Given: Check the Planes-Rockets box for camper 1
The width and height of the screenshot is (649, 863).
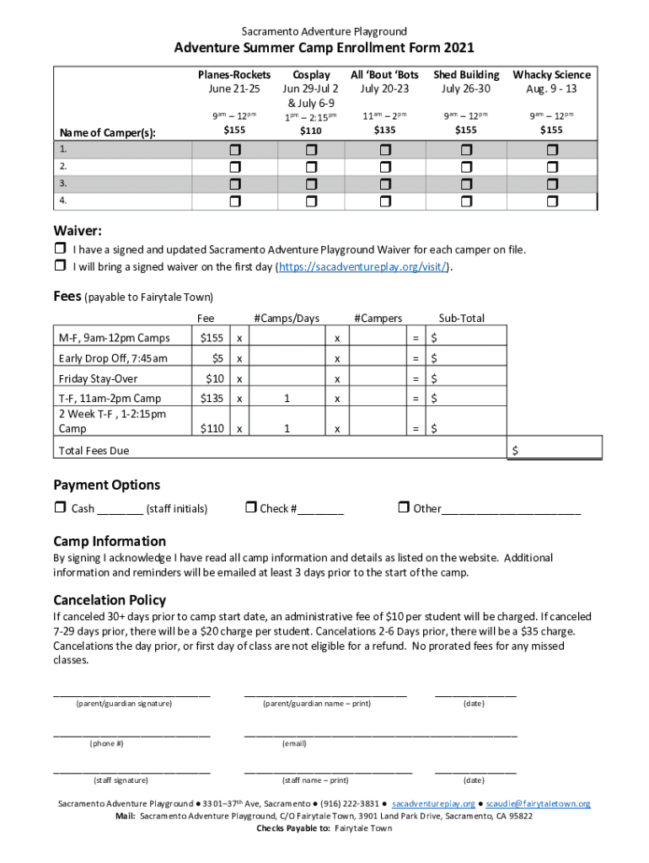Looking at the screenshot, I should click(x=234, y=149).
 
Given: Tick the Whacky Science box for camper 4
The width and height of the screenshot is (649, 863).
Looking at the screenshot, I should click(x=552, y=201).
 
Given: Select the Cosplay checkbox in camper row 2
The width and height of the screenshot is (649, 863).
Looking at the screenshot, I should click(x=311, y=167).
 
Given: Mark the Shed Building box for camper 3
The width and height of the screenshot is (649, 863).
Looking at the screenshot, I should click(x=466, y=184).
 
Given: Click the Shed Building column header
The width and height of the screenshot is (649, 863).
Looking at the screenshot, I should click(x=466, y=75).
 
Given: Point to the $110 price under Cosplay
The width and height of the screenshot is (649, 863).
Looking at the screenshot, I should click(x=311, y=131).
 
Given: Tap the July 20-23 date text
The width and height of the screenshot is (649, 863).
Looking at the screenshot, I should click(x=384, y=88).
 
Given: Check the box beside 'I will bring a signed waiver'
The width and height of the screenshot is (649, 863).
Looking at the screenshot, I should click(x=60, y=266).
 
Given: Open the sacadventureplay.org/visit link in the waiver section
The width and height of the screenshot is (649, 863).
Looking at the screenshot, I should click(x=364, y=267).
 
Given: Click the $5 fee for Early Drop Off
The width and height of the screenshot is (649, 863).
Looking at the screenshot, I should click(x=217, y=358).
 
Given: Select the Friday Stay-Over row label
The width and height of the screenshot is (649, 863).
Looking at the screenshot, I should click(x=98, y=378).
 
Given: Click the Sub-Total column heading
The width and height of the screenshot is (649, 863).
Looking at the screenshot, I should click(x=461, y=318).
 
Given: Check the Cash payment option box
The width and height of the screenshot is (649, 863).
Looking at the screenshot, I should click(x=60, y=508).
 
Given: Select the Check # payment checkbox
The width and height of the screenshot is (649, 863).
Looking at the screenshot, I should click(x=250, y=508).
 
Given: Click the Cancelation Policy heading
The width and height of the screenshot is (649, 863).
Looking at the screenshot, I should click(x=110, y=600).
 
